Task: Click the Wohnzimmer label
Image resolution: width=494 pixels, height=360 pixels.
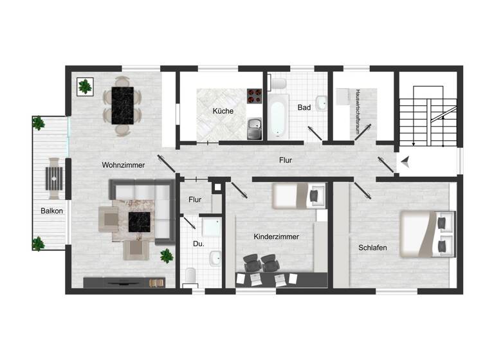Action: [x=123, y=165]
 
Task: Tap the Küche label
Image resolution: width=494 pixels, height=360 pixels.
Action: [x=223, y=111]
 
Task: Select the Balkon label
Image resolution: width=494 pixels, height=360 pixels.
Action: [x=52, y=210]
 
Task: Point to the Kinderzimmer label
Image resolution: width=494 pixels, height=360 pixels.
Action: [x=277, y=237]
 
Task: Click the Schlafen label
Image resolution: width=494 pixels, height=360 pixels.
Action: [x=372, y=247]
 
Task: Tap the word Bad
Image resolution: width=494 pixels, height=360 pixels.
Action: [x=304, y=107]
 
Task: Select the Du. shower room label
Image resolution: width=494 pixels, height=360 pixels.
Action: [x=199, y=244]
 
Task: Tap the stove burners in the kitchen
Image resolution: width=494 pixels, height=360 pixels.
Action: [x=254, y=96]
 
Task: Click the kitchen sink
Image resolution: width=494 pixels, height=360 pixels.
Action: [x=255, y=130]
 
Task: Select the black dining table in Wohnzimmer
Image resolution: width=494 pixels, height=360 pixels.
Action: [x=122, y=105]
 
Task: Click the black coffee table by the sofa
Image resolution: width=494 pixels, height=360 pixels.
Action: [x=140, y=222]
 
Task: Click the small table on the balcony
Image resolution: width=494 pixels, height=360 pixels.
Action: [x=53, y=178]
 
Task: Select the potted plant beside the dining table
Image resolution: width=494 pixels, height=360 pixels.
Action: [x=84, y=86]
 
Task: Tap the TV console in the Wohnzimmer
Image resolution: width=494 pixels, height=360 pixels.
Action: [x=124, y=282]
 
